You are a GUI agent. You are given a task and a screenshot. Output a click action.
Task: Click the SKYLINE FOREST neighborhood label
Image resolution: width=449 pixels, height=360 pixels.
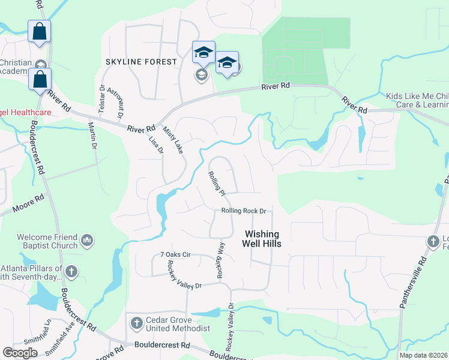(141, 62)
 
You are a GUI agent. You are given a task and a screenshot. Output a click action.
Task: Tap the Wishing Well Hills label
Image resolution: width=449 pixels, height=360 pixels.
(261, 239)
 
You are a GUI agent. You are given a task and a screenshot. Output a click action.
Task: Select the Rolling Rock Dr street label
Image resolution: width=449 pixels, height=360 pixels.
(243, 211)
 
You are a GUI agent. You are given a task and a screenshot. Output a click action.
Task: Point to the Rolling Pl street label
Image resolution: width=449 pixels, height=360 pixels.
(216, 183)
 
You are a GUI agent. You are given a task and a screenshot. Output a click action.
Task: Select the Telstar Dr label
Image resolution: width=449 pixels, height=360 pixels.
(101, 98)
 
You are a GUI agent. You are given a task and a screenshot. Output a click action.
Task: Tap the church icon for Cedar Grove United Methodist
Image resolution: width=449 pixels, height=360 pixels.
(136, 323)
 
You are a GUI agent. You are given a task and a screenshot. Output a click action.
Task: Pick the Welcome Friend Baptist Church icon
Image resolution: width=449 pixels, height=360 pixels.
(87, 241)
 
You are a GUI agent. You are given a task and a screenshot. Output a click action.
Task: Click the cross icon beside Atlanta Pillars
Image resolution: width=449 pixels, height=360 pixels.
(71, 271)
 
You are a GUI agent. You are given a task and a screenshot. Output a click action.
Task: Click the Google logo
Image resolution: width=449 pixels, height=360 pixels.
(20, 353)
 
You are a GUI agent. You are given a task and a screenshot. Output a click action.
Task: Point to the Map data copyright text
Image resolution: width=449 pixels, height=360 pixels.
(423, 355)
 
